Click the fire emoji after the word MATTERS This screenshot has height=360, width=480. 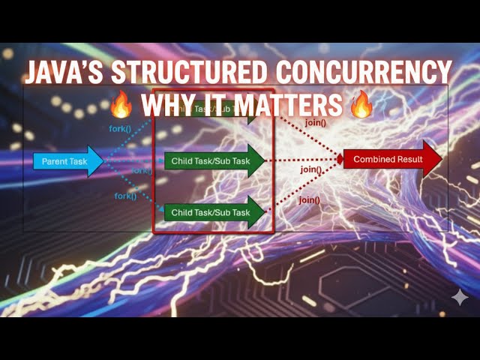(x=361, y=103)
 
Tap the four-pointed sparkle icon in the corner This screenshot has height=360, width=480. (x=459, y=297)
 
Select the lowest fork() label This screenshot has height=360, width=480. (x=125, y=196)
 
